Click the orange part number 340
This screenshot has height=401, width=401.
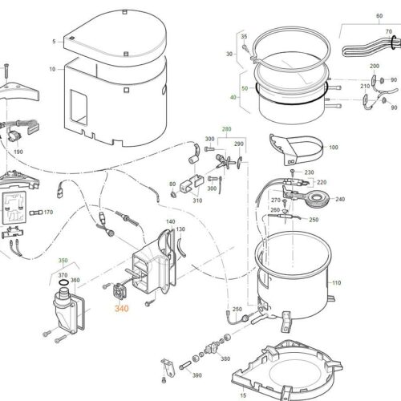point(121,308)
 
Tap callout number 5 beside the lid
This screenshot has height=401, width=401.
point(53,41)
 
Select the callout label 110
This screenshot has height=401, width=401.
point(336,284)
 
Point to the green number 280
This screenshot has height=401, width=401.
point(226,128)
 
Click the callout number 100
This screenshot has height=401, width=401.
point(334,148)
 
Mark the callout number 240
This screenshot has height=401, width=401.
point(339,199)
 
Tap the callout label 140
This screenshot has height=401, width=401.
point(169,221)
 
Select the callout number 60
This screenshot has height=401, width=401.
point(379,16)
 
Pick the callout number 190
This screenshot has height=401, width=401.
point(18,151)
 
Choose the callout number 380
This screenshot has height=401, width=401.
point(225,358)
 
